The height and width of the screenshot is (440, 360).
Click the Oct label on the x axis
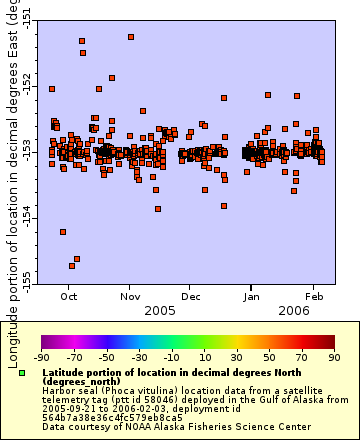pos(70,296)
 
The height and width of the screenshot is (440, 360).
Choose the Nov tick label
pos(131,296)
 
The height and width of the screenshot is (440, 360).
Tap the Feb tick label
pos(314,296)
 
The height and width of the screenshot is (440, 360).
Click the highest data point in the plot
pos(131,36)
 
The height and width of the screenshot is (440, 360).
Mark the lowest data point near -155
pos(72,265)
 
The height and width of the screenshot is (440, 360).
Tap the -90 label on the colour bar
pos(41,356)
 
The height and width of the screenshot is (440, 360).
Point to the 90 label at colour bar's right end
pos(333,356)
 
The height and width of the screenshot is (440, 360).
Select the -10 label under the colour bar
pos(171,356)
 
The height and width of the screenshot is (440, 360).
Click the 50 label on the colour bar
pos(269,356)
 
